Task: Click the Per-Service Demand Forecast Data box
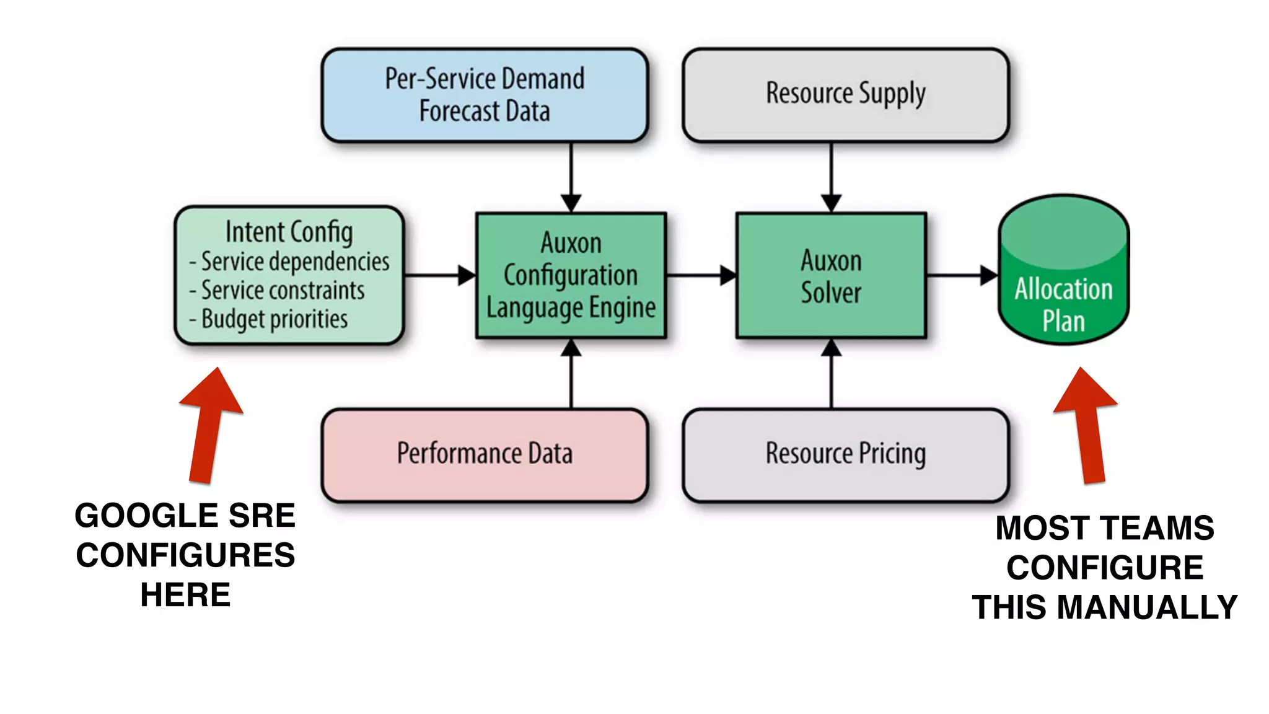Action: click(x=485, y=95)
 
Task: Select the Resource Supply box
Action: click(x=846, y=95)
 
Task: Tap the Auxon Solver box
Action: click(x=831, y=276)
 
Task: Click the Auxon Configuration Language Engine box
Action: click(x=571, y=276)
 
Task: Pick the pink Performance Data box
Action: click(x=485, y=454)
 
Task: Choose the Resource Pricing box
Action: click(x=846, y=454)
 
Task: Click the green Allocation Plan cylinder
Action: click(x=1063, y=279)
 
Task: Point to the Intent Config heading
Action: click(x=289, y=232)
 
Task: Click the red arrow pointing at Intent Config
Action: click(x=209, y=428)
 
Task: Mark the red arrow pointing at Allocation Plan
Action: click(x=1089, y=428)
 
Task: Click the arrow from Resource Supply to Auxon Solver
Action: click(x=831, y=177)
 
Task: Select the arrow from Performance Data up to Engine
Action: click(x=571, y=375)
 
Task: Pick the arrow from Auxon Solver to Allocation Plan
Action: click(x=960, y=275)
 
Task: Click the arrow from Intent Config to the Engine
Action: click(x=439, y=275)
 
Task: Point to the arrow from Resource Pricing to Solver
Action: click(x=831, y=375)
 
